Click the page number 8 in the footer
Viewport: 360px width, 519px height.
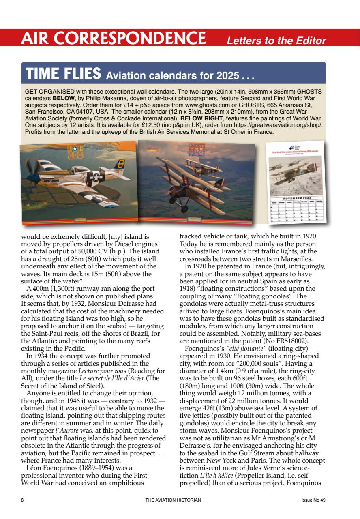22,500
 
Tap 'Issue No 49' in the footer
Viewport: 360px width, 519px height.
313,500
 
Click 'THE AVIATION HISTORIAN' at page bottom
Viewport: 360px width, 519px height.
173,500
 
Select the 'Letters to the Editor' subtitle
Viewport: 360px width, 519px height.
276,41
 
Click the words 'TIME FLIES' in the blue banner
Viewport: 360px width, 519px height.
63,74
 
